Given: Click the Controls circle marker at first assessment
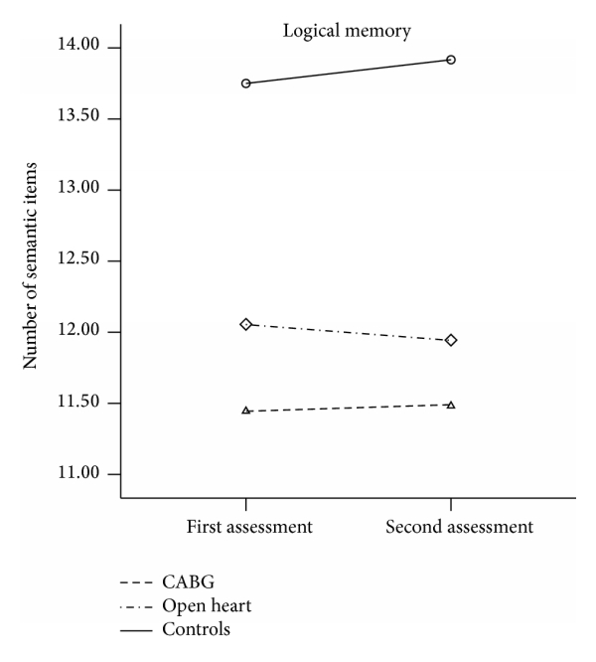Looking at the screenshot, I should [x=245, y=83].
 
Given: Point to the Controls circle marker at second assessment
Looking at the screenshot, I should [x=451, y=60].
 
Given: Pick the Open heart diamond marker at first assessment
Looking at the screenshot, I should [x=245, y=324].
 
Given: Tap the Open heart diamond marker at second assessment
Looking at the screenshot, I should [x=451, y=340].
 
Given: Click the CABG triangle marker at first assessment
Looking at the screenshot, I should [x=245, y=411].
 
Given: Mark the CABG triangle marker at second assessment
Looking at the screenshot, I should [x=451, y=405].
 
